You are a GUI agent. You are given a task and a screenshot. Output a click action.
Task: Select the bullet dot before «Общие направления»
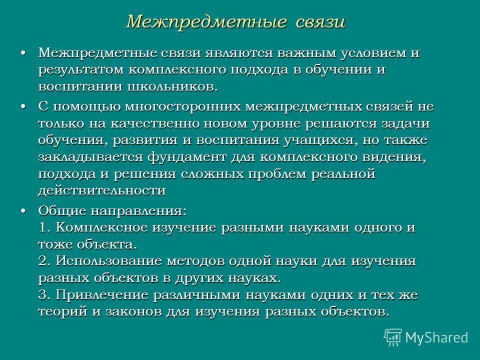(24, 211)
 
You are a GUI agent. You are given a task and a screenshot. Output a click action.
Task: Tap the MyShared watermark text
(436, 337)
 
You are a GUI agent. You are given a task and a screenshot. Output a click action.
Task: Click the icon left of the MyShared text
(392, 337)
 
